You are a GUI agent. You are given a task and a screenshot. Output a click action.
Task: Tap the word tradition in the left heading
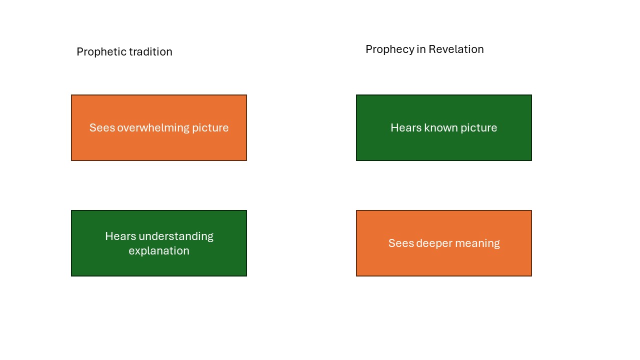pos(151,51)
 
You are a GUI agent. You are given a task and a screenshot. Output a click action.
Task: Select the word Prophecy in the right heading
pos(390,49)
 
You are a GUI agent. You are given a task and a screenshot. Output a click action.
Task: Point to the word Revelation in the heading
pos(456,49)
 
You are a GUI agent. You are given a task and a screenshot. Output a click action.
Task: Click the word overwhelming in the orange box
pos(153,127)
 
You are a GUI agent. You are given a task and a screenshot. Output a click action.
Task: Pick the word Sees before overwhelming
pos(102,127)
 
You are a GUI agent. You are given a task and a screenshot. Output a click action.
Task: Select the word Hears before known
pos(406,127)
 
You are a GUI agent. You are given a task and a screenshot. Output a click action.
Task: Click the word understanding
pos(176,237)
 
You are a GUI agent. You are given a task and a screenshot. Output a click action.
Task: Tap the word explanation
pos(159,251)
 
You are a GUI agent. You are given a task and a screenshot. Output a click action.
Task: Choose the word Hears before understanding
pos(120,236)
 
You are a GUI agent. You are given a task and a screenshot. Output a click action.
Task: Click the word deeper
pos(434,243)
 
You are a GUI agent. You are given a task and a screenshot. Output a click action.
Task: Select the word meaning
pos(477,243)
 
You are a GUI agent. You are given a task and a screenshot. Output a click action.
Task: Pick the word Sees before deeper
pos(401,243)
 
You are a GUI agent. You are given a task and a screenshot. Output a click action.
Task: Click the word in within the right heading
pos(421,49)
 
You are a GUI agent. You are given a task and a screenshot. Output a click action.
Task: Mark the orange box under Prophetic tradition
pos(159,127)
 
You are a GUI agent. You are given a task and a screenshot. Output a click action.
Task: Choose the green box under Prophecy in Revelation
pos(443,127)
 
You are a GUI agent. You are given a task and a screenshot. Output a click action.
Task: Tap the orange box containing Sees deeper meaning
pos(443,243)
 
